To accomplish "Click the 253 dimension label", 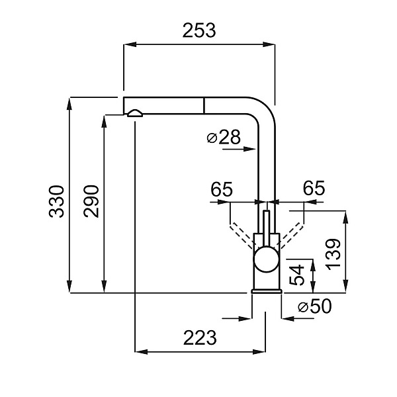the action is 199,30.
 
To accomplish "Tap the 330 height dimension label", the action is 57,202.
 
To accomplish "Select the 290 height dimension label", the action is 91,201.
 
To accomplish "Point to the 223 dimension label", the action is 200,337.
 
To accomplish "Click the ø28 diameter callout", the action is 224,137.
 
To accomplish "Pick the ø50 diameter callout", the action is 314,306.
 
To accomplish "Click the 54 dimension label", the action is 296,275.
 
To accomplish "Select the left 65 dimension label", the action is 221,189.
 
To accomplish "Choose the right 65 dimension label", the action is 314,188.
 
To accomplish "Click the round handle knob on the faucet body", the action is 267,259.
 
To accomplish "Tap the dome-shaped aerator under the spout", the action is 135,113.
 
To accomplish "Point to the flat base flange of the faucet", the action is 267,291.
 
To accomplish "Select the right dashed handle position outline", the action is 290,234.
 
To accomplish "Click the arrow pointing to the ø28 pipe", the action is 240,149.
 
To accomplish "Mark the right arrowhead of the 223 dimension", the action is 259,352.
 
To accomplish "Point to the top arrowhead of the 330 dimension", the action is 69,104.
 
